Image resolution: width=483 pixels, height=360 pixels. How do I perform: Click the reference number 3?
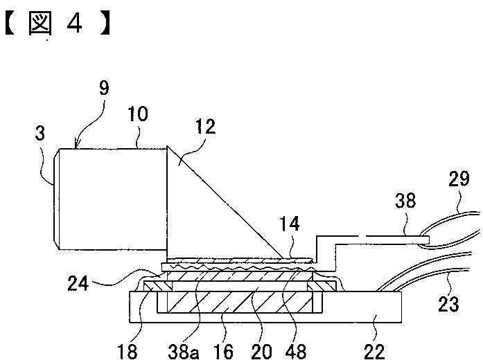[40, 134]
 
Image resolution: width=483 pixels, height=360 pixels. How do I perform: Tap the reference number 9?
[104, 89]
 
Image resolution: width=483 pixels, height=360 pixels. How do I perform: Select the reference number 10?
[138, 114]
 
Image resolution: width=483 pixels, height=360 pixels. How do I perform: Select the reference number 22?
[375, 352]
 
